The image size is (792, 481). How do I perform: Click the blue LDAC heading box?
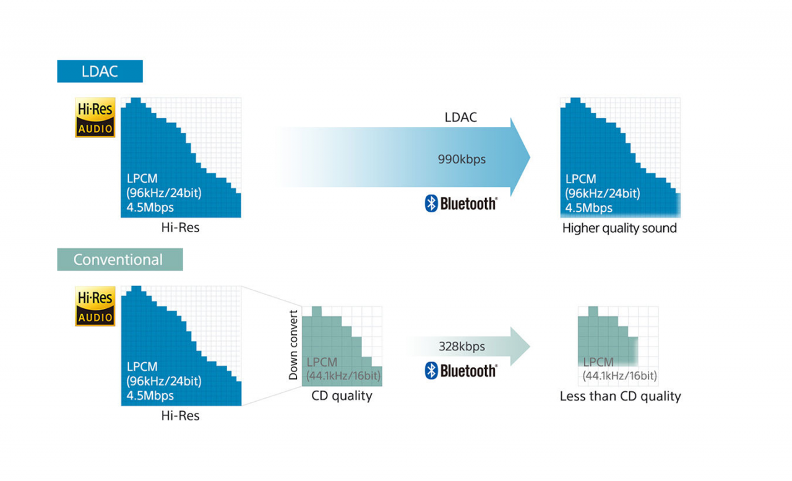[x=100, y=71]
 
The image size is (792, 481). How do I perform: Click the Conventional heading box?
[x=119, y=259]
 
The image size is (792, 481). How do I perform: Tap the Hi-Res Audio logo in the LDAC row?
[x=95, y=117]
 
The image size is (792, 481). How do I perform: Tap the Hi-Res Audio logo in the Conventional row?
[x=95, y=306]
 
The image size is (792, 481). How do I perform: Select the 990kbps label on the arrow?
[x=462, y=159]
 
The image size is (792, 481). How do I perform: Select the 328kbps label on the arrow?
[x=462, y=346]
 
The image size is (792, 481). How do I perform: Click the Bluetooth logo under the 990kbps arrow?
[x=461, y=204]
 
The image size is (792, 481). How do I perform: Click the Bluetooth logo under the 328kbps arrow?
[x=461, y=371]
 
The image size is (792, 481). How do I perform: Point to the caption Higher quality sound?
[x=619, y=228]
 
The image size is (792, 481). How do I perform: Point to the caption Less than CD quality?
[x=620, y=396]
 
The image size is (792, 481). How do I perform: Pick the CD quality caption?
[x=342, y=396]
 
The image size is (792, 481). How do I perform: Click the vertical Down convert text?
[x=293, y=345]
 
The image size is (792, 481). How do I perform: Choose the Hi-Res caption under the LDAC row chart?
[x=180, y=227]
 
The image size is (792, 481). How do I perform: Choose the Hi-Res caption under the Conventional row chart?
[x=180, y=415]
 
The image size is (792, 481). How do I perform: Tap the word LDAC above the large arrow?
[x=461, y=117]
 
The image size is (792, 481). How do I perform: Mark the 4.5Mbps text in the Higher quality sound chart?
[x=589, y=208]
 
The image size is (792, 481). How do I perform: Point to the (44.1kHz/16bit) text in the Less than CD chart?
[x=619, y=376]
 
